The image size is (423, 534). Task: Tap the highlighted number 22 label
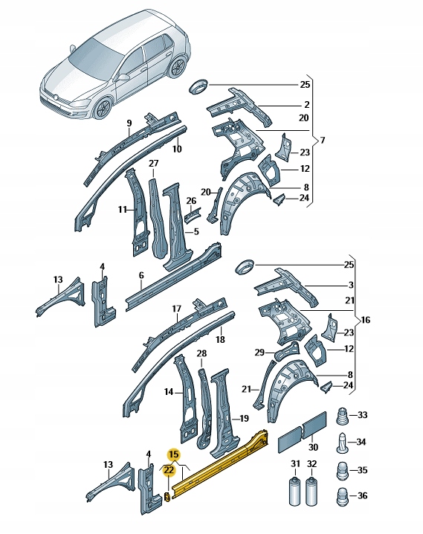169,470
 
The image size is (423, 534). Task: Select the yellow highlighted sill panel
223,464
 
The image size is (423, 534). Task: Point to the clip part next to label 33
343,415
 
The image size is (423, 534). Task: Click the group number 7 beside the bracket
322,140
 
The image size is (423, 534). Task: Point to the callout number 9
129,123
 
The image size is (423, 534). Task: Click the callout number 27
153,163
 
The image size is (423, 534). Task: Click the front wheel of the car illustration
100,109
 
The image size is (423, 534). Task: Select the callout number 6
141,276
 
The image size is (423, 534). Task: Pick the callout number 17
176,309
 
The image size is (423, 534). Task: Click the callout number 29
259,352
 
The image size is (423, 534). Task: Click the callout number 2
306,105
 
